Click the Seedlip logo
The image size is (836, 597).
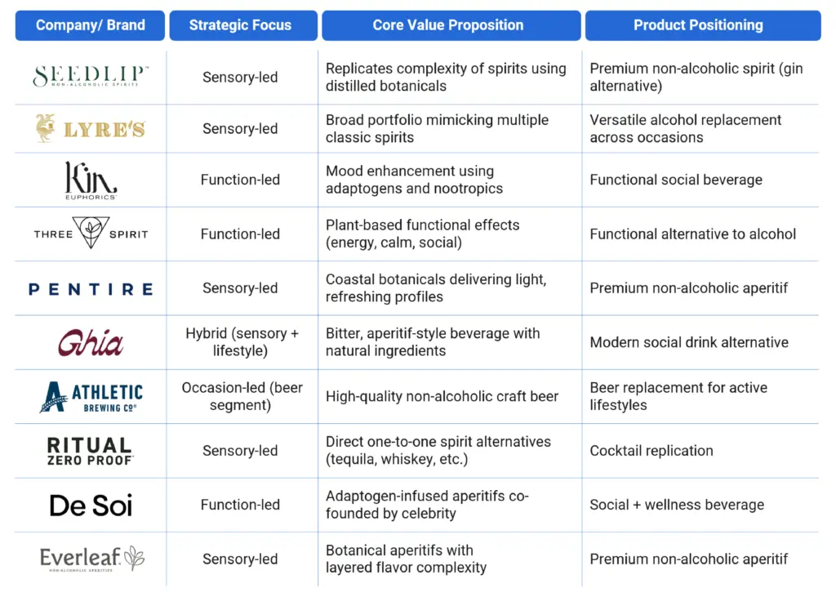pos(91,76)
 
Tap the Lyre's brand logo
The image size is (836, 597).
pos(91,128)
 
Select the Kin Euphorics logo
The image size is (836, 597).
pos(91,180)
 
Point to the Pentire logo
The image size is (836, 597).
pos(91,289)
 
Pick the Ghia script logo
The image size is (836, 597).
pos(91,342)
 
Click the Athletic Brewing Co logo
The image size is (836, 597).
pos(91,397)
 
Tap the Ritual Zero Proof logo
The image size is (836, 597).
pos(90,452)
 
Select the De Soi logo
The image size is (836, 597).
pos(91,506)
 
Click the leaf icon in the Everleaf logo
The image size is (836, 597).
pos(135,558)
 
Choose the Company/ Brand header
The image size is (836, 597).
pos(90,25)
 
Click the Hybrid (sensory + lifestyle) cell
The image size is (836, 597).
pos(242,342)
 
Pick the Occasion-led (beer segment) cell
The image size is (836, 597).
pos(242,396)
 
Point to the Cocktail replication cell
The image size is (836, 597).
pos(651,451)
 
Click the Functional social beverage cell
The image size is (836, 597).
pos(675,180)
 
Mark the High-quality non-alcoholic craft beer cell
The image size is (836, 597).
pos(442,396)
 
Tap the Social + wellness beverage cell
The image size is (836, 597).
pos(677,505)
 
